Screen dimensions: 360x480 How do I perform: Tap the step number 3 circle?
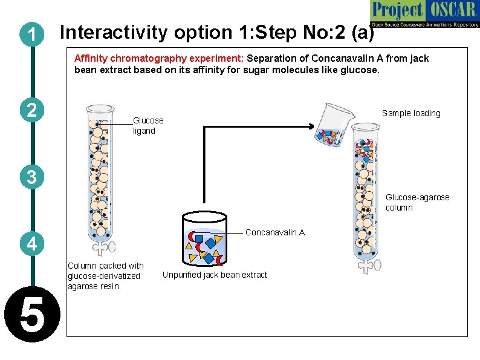[31, 177]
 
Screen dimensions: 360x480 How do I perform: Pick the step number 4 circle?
[31, 244]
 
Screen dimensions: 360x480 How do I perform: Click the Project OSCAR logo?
[424, 15]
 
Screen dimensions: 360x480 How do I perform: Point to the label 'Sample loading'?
[411, 113]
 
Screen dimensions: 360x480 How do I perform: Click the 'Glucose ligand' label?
[148, 126]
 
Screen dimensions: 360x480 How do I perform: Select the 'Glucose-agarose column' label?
[417, 202]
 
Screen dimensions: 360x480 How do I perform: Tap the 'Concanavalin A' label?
[275, 232]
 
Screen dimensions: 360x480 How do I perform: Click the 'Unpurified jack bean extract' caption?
[215, 275]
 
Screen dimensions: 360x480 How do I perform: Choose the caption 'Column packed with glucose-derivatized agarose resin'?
[106, 275]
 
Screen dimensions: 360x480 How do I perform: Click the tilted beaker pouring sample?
[332, 125]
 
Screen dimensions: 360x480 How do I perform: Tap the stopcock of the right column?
[368, 264]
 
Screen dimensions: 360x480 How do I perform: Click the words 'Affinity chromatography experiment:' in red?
[159, 59]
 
